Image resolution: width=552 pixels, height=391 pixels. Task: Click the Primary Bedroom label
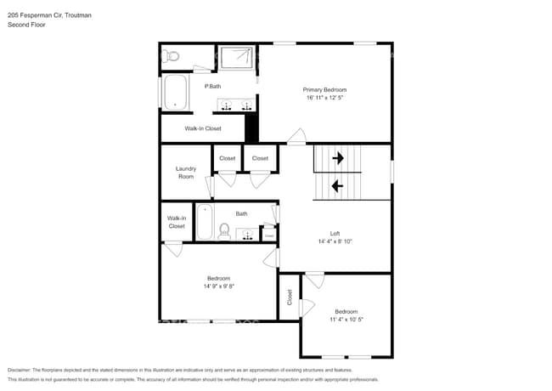pos(324,89)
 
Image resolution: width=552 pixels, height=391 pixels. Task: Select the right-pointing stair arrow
pos(337,157)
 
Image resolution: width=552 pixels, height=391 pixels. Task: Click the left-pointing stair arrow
pos(337,185)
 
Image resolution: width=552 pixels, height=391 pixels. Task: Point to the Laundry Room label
pos(185,172)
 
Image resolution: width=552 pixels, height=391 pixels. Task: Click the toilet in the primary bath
pos(171,56)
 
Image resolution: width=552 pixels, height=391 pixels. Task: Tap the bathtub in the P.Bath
pos(176,93)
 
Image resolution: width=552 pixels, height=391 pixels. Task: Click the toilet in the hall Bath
pos(224,230)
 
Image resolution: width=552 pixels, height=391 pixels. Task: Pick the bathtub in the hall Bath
pos(205,223)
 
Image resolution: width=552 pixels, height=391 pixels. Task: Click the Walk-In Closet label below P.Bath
pos(203,128)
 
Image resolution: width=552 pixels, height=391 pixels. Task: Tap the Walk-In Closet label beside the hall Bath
pos(176,222)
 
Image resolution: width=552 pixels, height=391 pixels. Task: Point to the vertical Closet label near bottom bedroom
pos(289,297)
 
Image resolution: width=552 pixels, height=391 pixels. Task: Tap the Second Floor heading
pos(26,25)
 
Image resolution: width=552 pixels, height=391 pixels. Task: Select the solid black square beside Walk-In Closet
pos(251,128)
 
